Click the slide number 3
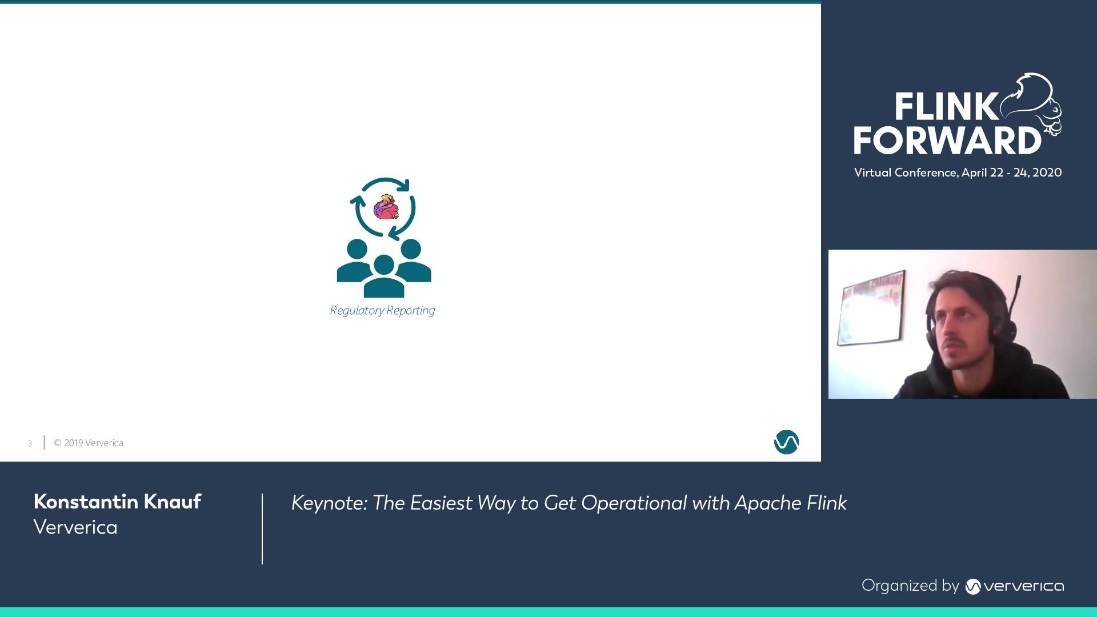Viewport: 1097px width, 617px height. tap(30, 443)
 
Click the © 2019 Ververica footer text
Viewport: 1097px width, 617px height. tap(89, 443)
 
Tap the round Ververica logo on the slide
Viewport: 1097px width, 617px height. tap(786, 442)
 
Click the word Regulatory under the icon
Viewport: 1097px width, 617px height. tap(357, 310)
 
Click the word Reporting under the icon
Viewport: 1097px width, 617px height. tap(411, 310)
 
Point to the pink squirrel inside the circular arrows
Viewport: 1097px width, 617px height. tap(386, 207)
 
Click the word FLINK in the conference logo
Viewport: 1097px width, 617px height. tap(946, 106)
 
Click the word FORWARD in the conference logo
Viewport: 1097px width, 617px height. tap(947, 140)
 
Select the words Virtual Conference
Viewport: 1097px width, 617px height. tap(906, 173)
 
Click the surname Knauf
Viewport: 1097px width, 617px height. tap(172, 502)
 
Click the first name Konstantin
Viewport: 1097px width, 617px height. tap(86, 502)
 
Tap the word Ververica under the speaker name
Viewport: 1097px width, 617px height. tap(75, 527)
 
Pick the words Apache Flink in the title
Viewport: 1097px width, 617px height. tap(790, 503)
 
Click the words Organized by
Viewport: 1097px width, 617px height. tap(910, 586)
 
